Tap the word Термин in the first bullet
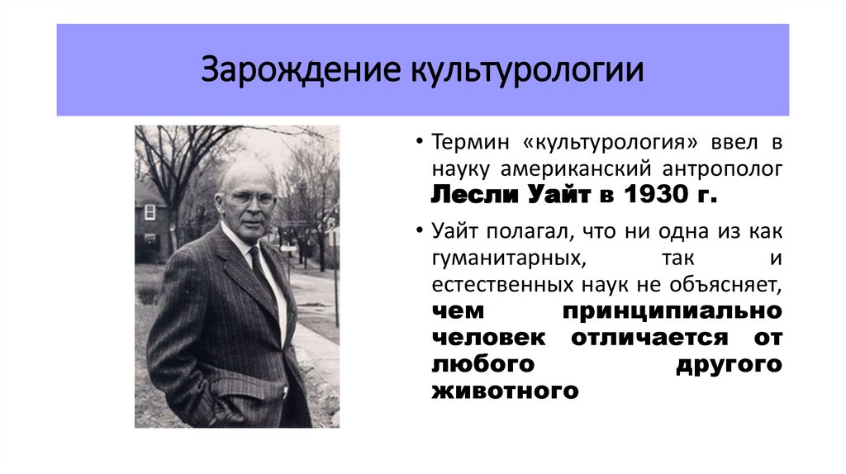[467, 142]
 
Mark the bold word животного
[504, 391]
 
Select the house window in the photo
[150, 212]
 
